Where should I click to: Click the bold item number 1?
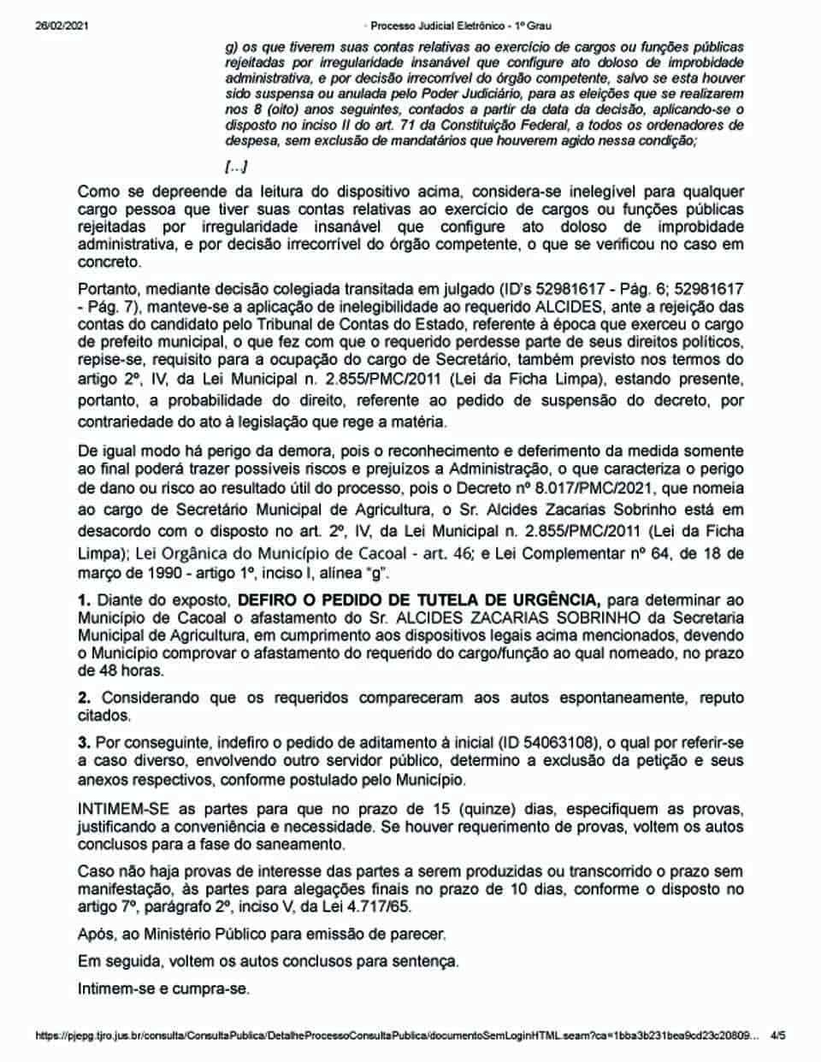pyautogui.click(x=83, y=599)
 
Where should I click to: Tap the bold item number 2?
pyautogui.click(x=83, y=698)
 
